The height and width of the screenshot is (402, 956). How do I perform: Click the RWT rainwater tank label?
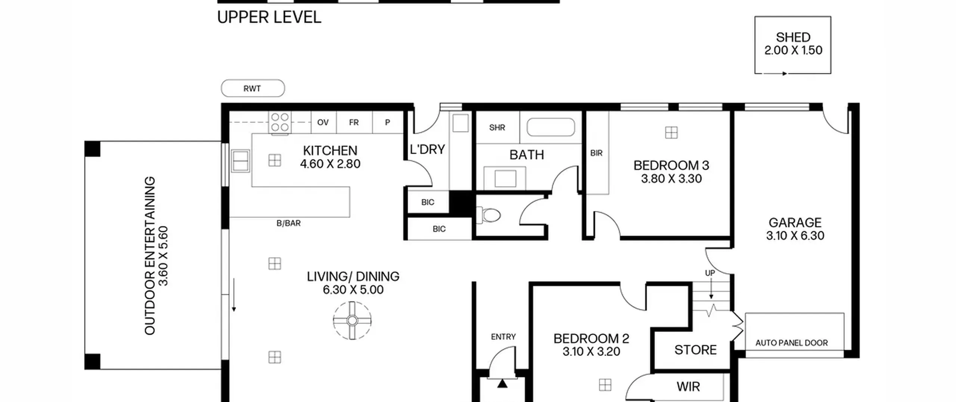[x=252, y=89]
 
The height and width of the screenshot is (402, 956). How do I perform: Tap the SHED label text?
[x=793, y=37]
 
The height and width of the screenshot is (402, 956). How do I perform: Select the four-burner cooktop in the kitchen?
[x=280, y=122]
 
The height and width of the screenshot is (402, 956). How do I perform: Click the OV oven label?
[x=323, y=122]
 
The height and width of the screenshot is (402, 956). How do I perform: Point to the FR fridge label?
[x=354, y=122]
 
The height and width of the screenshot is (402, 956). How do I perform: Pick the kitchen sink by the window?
[x=240, y=161]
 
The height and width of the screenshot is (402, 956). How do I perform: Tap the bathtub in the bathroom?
[x=550, y=127]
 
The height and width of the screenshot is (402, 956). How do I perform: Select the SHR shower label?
[x=497, y=128]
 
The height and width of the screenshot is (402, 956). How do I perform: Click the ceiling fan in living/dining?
[x=352, y=320]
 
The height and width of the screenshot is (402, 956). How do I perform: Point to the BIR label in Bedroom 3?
[x=596, y=153]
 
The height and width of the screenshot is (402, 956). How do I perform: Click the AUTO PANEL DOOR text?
[x=791, y=343]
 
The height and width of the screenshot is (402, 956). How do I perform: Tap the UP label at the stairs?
[x=710, y=273]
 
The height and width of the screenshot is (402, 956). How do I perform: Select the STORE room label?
[x=695, y=350]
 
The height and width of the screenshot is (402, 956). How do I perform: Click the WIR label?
[x=688, y=387]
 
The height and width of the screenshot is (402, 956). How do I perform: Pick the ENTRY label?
[x=503, y=337]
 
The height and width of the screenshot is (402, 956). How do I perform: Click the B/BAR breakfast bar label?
[x=288, y=223]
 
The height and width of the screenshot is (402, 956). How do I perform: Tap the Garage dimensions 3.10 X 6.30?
[x=795, y=236]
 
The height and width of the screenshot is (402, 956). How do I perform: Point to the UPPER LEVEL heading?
[x=269, y=17]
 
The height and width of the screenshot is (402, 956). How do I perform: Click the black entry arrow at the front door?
[x=502, y=383]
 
